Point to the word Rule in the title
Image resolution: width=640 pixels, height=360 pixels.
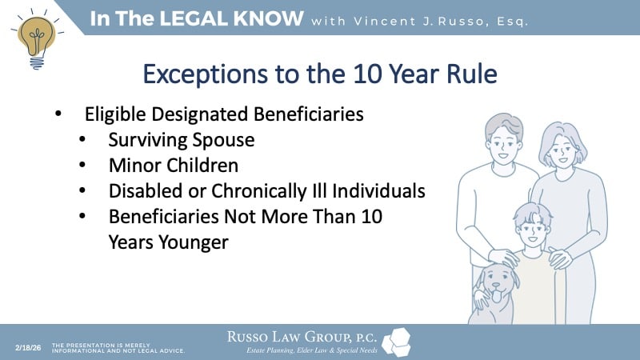[470, 74]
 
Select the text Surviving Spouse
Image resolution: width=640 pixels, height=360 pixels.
[182, 140]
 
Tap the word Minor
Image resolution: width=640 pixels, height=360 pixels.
[132, 166]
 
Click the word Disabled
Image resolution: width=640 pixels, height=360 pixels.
[143, 191]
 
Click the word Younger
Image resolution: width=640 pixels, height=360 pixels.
[193, 242]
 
